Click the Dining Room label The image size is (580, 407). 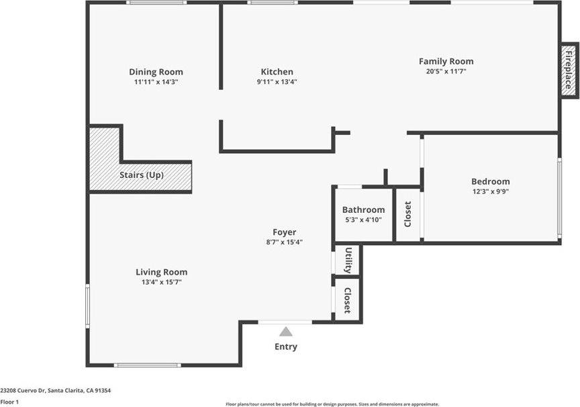point(156,72)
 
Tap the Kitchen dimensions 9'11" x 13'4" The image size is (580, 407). point(277,82)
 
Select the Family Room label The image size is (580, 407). point(446,61)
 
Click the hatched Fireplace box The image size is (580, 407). point(569,71)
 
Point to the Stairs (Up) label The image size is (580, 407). point(142,175)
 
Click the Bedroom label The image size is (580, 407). point(490,181)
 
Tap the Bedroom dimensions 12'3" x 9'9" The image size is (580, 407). point(490,191)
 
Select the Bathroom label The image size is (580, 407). point(363,210)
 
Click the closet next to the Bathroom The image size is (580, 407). point(407,214)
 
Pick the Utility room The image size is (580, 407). point(348,260)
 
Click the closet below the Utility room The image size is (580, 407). point(347,300)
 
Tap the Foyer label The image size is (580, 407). point(284,232)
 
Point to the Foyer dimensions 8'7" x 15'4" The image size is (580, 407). point(284,242)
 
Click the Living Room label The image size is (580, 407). point(161,272)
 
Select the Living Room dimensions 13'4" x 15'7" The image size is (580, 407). point(161,282)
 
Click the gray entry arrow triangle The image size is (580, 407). point(286,331)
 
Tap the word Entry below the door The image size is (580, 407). point(285,347)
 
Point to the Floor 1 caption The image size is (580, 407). point(9,402)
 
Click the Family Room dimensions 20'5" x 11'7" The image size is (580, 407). point(446,71)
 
